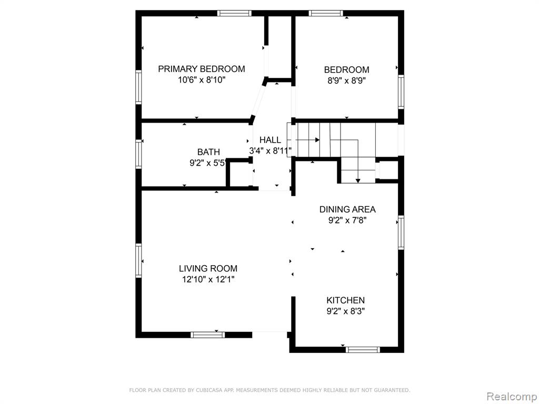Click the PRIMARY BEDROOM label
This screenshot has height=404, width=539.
(202, 69)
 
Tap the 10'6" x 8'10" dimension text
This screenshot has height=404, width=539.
(202, 80)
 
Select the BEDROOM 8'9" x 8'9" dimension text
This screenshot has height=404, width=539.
(346, 80)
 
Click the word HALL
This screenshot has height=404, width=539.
(270, 140)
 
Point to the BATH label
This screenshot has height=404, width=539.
(208, 152)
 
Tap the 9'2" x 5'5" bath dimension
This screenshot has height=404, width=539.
(208, 163)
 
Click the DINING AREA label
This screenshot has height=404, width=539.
(347, 209)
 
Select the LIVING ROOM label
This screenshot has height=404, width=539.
(208, 268)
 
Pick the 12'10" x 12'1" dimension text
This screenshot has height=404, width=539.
(208, 279)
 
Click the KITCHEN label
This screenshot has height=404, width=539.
(345, 300)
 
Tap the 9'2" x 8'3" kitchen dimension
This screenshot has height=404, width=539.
(345, 311)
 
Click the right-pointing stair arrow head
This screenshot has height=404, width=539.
(317, 140)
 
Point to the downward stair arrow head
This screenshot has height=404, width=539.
(358, 181)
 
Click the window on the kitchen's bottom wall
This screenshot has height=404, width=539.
(363, 350)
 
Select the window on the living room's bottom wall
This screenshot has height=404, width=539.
(207, 335)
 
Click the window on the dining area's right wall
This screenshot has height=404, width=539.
(401, 232)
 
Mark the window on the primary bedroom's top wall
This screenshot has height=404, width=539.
(234, 13)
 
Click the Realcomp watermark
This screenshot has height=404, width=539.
(512, 397)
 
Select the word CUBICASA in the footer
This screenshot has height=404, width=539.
(208, 390)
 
